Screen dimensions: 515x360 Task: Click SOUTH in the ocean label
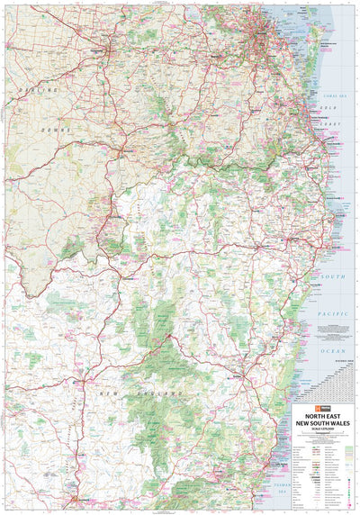tap(334, 276)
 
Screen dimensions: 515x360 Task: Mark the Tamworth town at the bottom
tap(83, 501)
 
